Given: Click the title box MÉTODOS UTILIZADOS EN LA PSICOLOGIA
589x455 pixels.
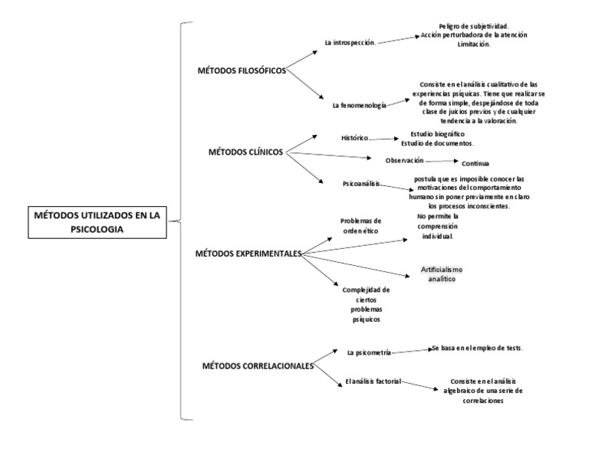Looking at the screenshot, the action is tap(97, 222).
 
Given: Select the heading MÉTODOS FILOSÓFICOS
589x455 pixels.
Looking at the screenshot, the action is tap(242, 70).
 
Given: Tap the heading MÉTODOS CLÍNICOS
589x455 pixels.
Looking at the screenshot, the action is tap(245, 152).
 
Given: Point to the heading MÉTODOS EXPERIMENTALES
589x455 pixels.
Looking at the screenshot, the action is tap(248, 254).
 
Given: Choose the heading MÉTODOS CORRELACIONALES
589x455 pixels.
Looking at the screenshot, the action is tap(258, 365).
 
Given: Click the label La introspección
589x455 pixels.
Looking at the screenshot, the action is tap(350, 43).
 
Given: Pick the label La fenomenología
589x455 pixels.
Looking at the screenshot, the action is tap(360, 106).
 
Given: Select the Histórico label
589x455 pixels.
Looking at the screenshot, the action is tap(354, 138).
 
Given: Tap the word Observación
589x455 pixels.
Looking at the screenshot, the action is tap(405, 161).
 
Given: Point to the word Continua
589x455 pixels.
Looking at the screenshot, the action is tap(475, 164).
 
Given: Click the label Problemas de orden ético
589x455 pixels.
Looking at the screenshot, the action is tap(360, 226).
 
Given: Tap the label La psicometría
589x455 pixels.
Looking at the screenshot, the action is tap(369, 352).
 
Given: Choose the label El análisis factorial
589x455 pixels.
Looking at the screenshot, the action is tap(373, 381).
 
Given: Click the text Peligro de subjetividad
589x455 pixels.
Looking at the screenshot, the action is tap(474, 26).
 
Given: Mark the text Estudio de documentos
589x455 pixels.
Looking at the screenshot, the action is tap(438, 143).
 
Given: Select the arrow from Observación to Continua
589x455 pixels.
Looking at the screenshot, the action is tap(442, 162).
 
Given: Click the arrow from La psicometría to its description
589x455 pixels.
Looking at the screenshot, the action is tap(412, 351).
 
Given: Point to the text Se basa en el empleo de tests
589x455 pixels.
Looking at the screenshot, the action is tap(478, 348).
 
